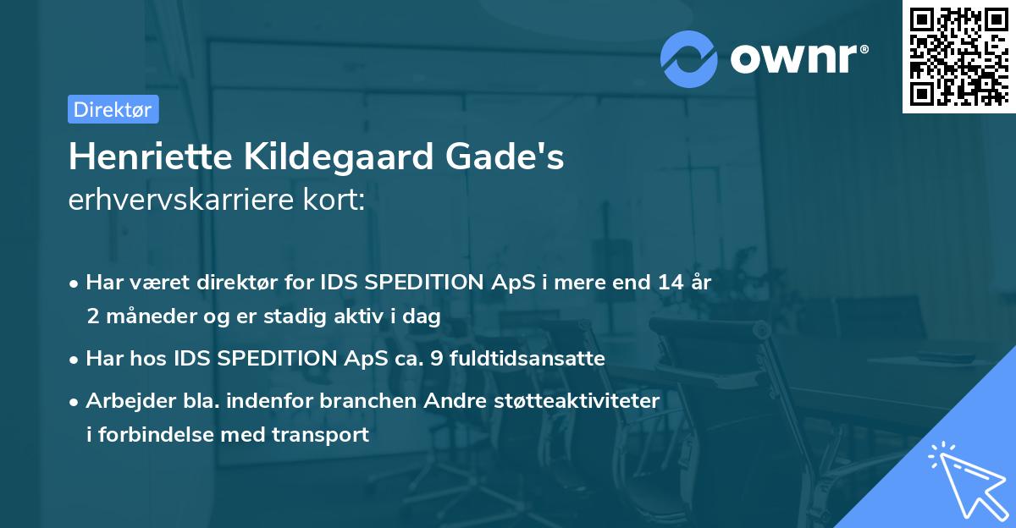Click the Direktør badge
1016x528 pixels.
point(113,109)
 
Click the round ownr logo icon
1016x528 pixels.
point(690,58)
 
